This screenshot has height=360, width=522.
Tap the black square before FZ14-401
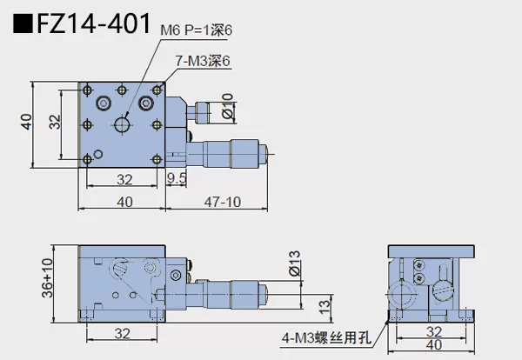[x=20, y=23]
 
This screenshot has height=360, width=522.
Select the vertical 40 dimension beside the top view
[x=26, y=125]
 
